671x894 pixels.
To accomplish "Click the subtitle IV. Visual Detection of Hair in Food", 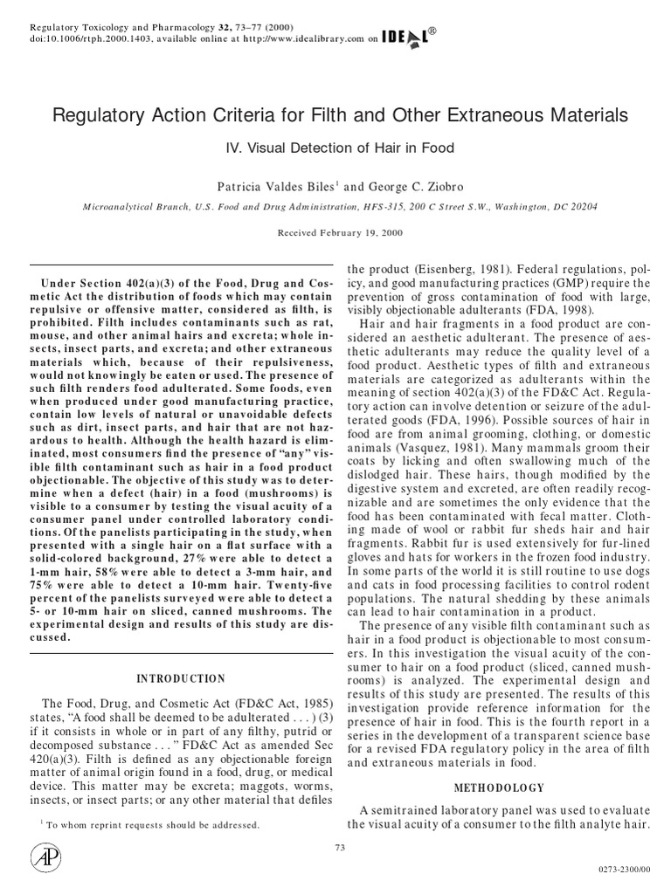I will [x=335, y=148].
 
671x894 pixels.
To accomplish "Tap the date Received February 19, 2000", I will [x=335, y=232].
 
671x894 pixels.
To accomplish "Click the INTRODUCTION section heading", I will [x=181, y=678].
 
